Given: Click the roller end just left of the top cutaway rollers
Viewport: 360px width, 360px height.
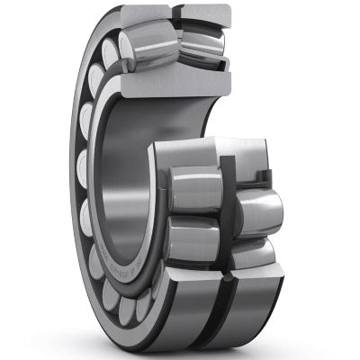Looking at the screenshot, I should tap(112, 54).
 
